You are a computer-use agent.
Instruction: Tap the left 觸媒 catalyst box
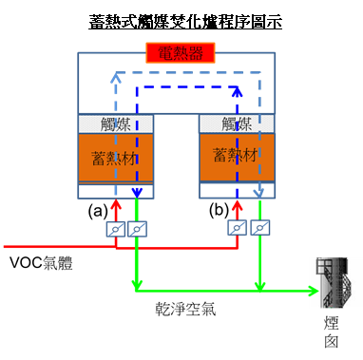pyautogui.click(x=116, y=123)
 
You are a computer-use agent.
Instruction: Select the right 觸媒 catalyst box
pyautogui.click(x=238, y=123)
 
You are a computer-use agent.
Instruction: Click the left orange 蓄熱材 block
pyautogui.click(x=116, y=156)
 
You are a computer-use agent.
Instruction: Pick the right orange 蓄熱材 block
pyautogui.click(x=238, y=154)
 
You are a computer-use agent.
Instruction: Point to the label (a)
pyautogui.click(x=97, y=207)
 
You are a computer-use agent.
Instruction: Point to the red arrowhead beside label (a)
pyautogui.click(x=117, y=203)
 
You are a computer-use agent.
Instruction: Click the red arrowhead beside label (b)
pyautogui.click(x=238, y=203)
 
